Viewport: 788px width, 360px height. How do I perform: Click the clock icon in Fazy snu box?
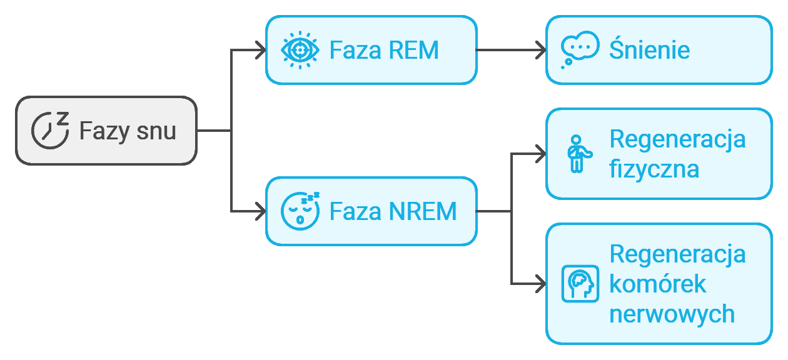tap(49, 131)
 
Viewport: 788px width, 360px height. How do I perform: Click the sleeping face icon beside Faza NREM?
tap(300, 211)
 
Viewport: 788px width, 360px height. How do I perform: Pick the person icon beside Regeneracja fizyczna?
tap(577, 154)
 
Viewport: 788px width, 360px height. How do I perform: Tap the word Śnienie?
tap(649, 50)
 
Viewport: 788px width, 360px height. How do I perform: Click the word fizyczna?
tap(654, 169)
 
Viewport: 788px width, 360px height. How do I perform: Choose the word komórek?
tap(657, 284)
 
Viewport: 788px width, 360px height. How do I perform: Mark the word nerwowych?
tap(672, 314)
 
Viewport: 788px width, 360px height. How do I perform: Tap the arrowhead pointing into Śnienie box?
tap(540, 50)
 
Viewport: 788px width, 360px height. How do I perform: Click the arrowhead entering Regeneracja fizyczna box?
tap(540, 154)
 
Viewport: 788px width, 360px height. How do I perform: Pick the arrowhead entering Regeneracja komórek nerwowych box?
tap(540, 284)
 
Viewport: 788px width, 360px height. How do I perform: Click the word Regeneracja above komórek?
tap(677, 254)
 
